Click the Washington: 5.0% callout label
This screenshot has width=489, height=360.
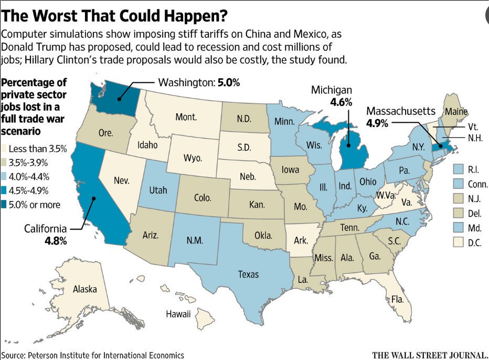point(193,82)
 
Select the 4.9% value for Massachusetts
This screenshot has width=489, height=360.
point(378,124)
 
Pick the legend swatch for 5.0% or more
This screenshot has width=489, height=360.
point(6,205)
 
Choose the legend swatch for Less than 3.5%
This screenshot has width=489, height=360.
point(6,149)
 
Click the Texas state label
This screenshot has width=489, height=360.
point(248,274)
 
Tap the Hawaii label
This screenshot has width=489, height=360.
point(178,314)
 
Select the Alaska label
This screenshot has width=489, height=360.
point(84,289)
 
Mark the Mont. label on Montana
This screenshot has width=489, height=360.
point(186,117)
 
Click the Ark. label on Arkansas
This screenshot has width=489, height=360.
point(301,240)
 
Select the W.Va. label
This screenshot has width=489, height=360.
point(385,195)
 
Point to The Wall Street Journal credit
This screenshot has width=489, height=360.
point(430,355)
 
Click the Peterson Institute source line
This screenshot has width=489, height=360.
point(92,355)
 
